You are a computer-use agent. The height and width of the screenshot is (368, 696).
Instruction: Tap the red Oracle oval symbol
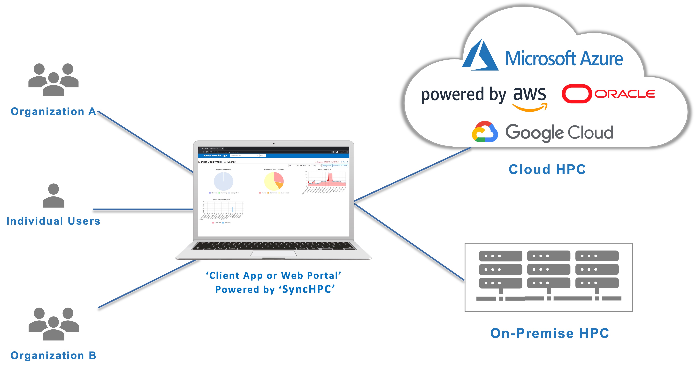click(576, 94)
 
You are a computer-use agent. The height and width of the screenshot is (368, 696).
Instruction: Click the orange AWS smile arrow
click(530, 108)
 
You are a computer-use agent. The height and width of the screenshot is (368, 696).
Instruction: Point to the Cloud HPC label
click(547, 169)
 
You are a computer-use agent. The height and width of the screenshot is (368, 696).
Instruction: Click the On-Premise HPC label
click(550, 333)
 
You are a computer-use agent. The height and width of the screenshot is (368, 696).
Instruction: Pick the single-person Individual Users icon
click(54, 196)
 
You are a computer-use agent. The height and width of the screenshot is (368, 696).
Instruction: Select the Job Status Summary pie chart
click(223, 181)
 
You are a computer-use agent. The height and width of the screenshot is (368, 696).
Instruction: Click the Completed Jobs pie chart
click(274, 181)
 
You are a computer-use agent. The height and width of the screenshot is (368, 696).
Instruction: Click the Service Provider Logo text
click(215, 156)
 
